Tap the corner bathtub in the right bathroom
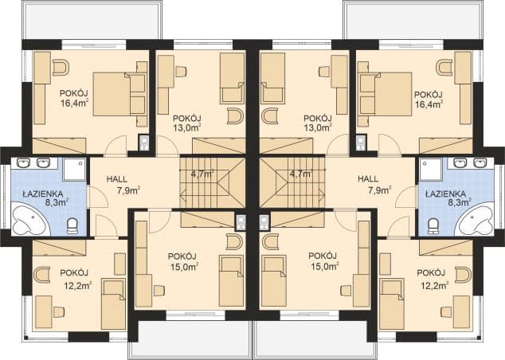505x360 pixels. (x=476, y=219)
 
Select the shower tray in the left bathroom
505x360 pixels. (x=74, y=169)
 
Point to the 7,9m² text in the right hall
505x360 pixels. (x=380, y=190)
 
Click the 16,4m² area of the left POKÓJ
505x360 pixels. (x=74, y=103)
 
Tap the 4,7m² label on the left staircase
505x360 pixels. (x=203, y=174)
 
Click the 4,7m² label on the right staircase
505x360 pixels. (x=301, y=174)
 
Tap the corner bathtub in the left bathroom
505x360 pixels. (x=29, y=219)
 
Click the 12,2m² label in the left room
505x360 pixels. (x=76, y=285)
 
